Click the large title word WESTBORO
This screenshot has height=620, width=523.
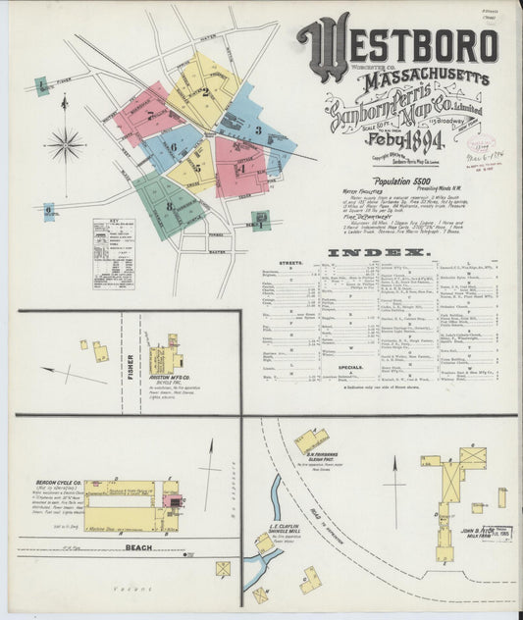396,44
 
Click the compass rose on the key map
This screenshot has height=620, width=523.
66,143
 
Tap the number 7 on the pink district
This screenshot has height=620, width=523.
148,115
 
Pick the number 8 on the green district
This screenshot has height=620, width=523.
168,206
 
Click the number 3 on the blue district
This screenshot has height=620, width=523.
256,130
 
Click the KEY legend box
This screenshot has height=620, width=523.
114,253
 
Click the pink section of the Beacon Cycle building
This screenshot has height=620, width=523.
175,501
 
